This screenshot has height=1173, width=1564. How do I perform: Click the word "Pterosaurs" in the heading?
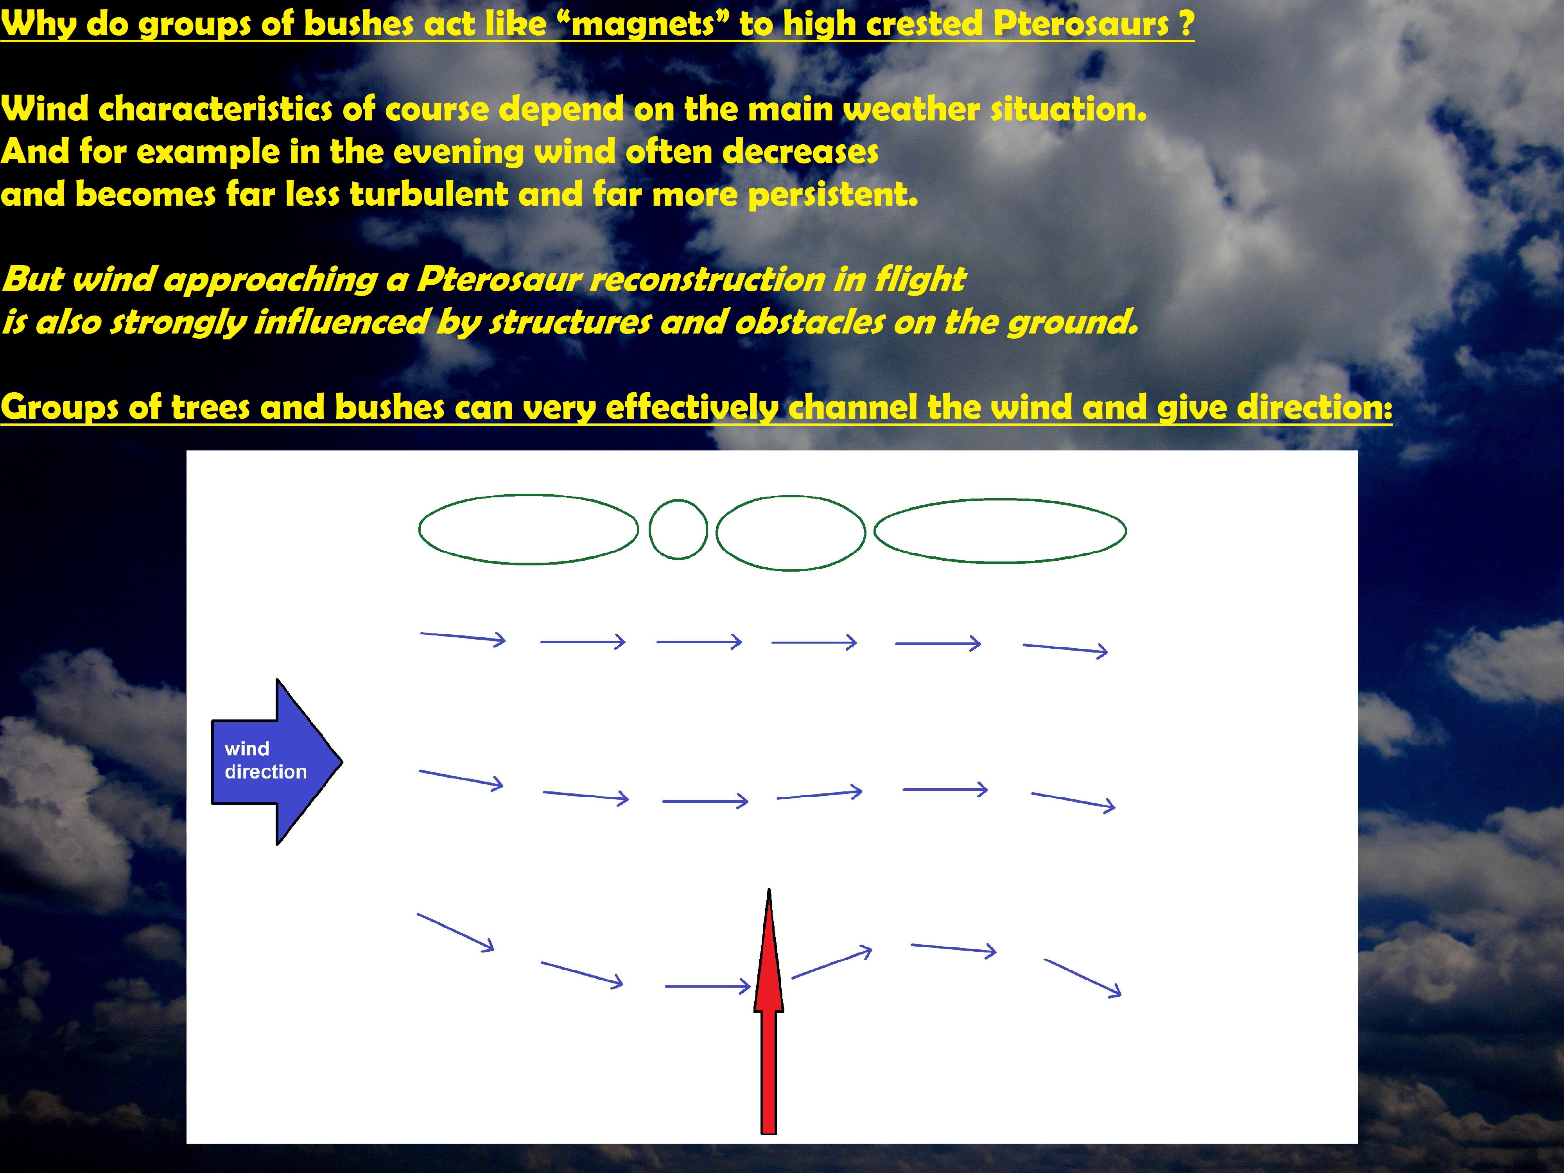(1081, 24)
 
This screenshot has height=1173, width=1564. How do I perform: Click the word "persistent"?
(833, 195)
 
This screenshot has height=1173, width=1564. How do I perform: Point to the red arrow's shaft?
(769, 1072)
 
